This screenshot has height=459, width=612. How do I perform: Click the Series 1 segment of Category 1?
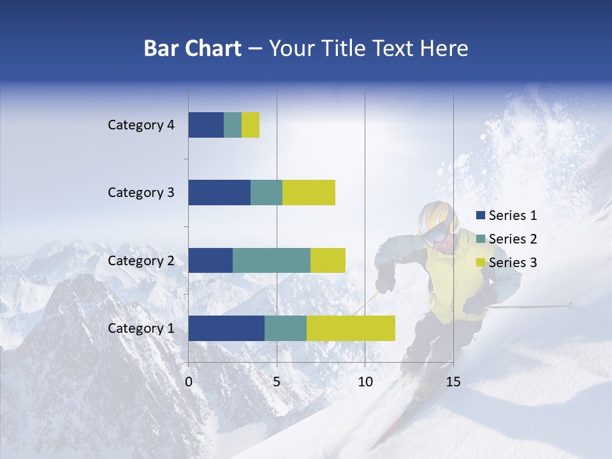226,328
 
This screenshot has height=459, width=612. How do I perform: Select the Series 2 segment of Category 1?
285,328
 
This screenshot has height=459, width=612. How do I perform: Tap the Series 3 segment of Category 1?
351,328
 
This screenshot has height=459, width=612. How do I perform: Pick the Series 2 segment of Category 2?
271,261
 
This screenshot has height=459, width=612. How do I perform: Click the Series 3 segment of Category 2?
328,261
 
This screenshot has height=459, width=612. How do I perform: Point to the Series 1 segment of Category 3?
219,193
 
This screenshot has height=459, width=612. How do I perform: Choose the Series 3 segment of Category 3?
309,193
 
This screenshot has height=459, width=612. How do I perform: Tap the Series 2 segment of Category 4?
233,125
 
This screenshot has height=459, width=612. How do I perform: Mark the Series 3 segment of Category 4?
251,125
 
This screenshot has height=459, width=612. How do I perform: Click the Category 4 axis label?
141,125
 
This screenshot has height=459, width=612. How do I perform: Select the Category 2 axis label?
141,261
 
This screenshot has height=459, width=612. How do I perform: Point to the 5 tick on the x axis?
277,382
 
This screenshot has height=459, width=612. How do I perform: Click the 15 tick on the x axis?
453,382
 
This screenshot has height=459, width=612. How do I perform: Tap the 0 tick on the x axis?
189,382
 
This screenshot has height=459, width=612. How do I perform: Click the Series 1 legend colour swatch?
481,215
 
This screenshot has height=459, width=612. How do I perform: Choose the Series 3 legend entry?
506,263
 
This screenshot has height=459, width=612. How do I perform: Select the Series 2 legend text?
513,239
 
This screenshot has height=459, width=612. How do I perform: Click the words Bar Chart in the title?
193,48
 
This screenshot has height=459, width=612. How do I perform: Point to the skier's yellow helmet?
436,213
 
